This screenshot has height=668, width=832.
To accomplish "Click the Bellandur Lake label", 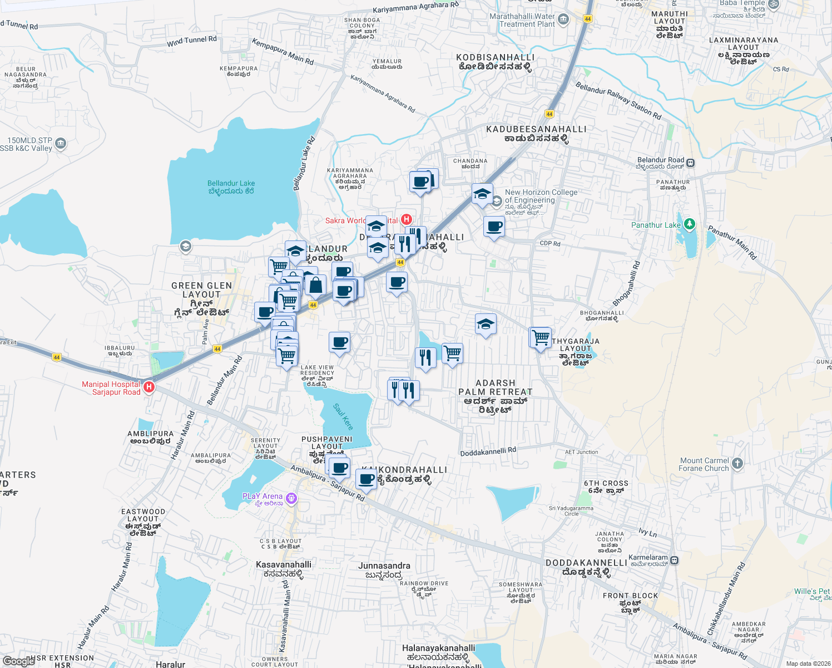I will [231, 187].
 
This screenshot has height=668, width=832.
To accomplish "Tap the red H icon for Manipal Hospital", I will [148, 387].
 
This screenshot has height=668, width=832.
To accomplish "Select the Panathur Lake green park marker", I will [690, 224].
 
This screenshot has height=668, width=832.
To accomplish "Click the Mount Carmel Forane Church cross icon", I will [737, 464].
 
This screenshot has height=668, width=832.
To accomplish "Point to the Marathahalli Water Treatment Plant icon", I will [563, 20].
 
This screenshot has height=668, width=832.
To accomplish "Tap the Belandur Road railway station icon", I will [690, 163].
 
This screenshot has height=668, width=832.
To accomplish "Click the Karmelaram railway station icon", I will [674, 560].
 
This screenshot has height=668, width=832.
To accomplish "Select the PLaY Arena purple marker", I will [291, 499].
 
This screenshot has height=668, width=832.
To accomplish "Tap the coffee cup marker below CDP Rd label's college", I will [494, 227].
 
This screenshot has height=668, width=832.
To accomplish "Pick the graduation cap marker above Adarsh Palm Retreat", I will [486, 324].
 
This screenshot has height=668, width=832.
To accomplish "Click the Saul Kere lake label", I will [343, 416].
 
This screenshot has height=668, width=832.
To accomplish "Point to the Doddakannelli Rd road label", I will [488, 451].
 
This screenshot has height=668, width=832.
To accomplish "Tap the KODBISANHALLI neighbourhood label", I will [495, 62].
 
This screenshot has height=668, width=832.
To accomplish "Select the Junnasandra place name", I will [384, 569].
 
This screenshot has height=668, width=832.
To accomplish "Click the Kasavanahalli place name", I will [284, 568].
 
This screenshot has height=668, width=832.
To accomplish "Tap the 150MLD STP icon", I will [61, 144].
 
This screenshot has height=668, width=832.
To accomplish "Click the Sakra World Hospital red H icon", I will [407, 219].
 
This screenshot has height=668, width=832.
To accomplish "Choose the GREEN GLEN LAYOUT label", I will [201, 299].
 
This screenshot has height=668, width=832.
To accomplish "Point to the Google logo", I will [19, 661].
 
